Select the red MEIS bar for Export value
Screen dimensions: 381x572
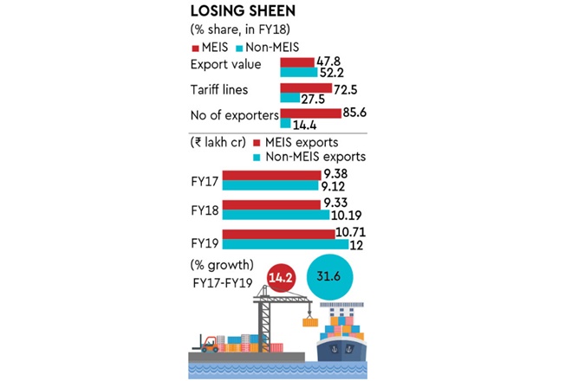(297, 62)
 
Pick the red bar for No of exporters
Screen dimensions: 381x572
(309, 113)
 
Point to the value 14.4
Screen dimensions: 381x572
(305, 125)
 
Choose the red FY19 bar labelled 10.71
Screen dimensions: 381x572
(278, 235)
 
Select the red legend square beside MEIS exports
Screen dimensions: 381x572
(257, 142)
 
